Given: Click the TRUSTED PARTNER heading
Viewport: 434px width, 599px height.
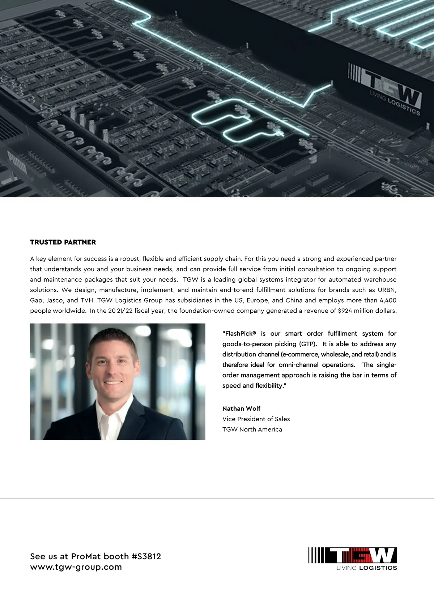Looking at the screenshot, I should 63,242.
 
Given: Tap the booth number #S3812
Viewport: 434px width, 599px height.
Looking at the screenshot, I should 146,556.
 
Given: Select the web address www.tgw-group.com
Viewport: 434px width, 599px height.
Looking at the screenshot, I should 76,567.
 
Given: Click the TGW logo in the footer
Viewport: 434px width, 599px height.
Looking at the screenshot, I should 353,558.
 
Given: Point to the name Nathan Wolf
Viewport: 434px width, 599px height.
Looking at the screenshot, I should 241,408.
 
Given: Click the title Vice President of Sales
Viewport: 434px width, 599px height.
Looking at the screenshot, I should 256,419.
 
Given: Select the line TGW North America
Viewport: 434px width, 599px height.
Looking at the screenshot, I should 252,429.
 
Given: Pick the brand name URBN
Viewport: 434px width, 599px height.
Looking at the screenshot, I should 387,290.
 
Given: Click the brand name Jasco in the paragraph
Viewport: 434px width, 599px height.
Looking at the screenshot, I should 55,300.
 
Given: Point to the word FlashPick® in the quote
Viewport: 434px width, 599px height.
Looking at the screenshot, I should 239,334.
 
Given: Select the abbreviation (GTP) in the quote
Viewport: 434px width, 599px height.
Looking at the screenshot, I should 308,344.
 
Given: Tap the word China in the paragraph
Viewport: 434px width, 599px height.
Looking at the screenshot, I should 294,300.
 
